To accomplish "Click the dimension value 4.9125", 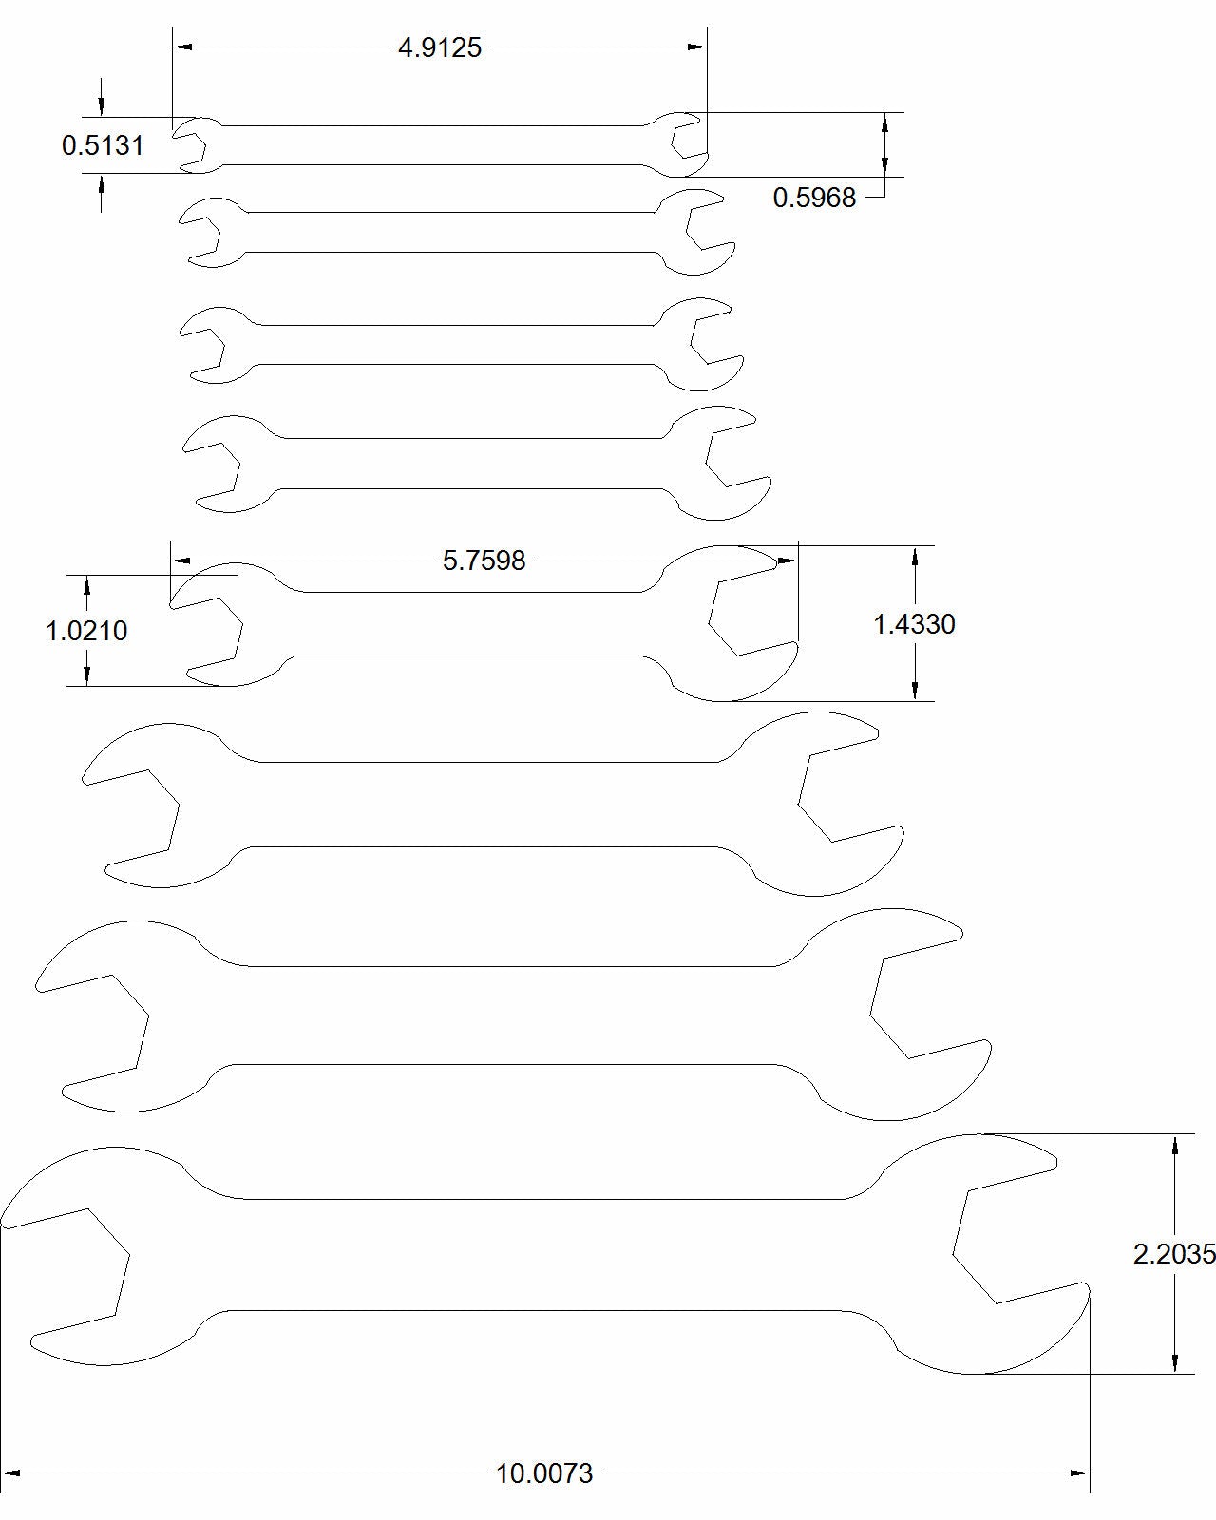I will point(440,47).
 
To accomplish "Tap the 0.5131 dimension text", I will point(103,145).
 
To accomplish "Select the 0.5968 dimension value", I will point(814,198).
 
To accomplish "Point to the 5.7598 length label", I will point(484,560).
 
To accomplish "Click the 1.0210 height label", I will point(86,631).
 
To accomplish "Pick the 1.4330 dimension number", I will point(914,624).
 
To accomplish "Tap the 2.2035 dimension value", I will point(1174,1255).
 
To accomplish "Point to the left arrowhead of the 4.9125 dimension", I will point(181,47).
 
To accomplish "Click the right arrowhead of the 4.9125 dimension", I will point(698,47).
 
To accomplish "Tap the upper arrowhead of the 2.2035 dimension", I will point(1175,1145).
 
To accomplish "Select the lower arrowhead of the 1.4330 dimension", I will point(915,691).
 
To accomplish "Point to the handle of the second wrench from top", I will point(451,232).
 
